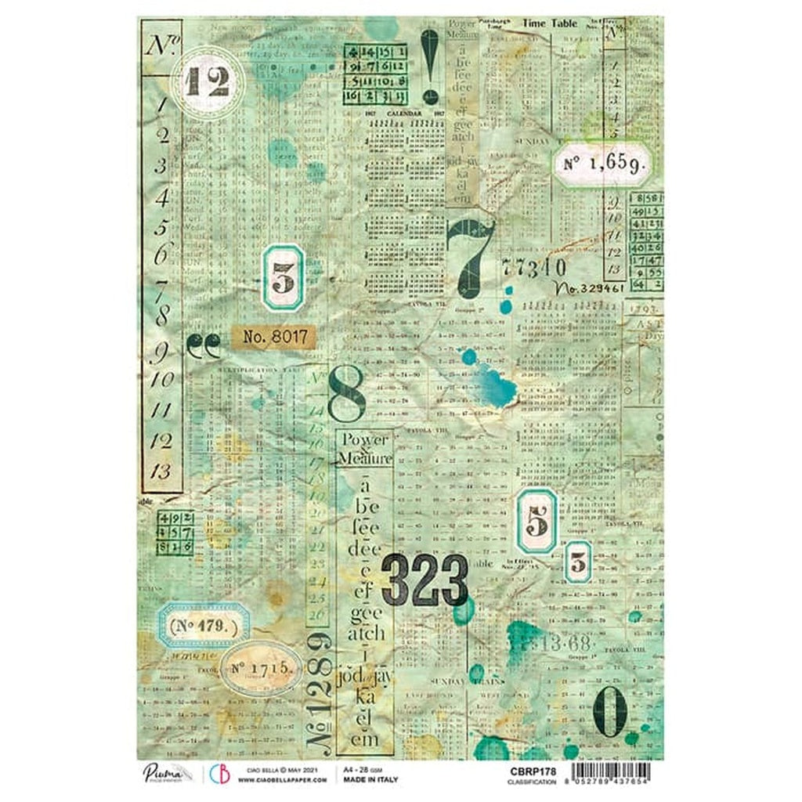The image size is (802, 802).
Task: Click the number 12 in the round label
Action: pos(208,81)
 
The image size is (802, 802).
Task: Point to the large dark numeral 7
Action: pos(469,253)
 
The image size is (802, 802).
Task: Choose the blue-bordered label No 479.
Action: pos(203,625)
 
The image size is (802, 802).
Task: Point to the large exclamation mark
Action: pos(428,67)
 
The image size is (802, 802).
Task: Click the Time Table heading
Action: pos(551,24)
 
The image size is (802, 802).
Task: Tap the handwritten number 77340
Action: pos(536,269)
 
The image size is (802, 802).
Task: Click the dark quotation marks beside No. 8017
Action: pos(204,345)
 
